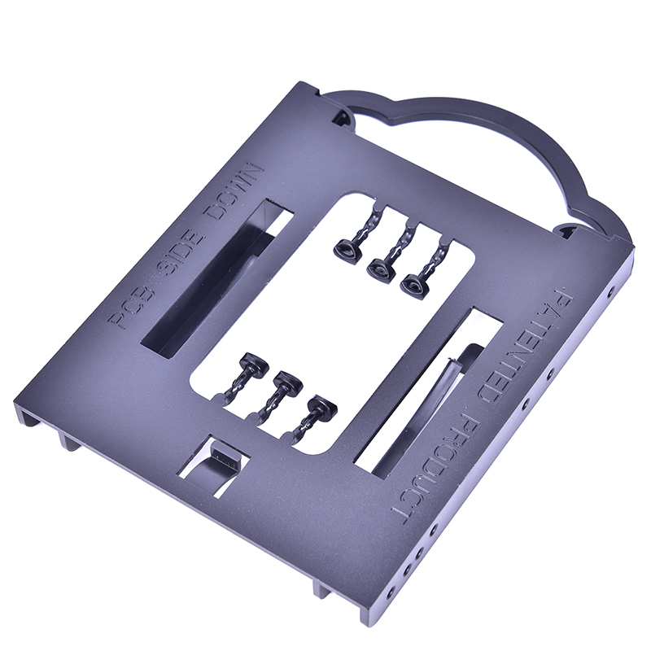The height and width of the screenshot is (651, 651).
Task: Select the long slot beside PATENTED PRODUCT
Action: [x=429, y=391]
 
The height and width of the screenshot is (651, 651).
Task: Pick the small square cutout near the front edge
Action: [x=212, y=465]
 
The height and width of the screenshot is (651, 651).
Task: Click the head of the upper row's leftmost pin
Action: [x=347, y=249]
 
